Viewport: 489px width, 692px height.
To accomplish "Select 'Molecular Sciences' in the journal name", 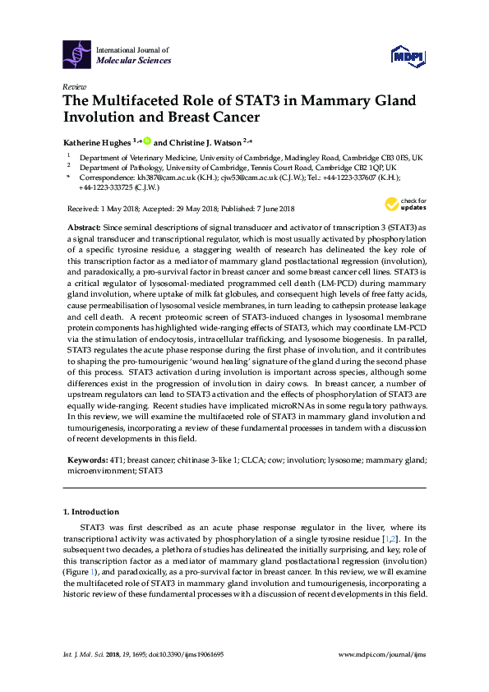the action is tap(134, 61).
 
